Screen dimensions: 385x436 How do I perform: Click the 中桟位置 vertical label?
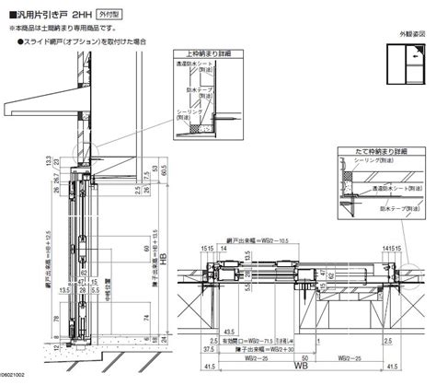(107, 276)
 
